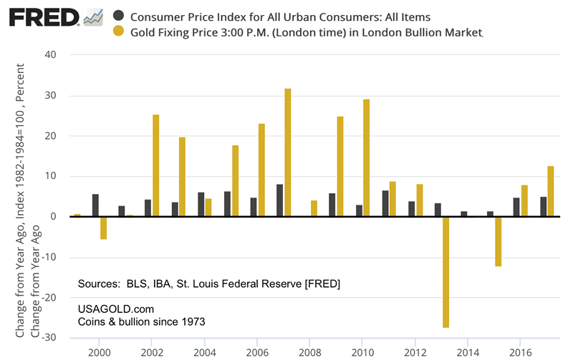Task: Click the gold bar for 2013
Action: (x=446, y=272)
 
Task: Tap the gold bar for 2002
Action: (x=155, y=165)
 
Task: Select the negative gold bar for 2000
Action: (x=103, y=228)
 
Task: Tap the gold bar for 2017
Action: (x=551, y=191)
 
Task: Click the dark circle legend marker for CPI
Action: (x=118, y=16)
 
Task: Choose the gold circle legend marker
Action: (x=118, y=32)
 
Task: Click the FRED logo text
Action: (x=42, y=16)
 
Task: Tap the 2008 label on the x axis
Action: (x=310, y=352)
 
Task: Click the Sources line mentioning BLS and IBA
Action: (x=208, y=284)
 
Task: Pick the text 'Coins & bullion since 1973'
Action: (x=141, y=322)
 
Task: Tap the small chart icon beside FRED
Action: (x=93, y=16)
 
